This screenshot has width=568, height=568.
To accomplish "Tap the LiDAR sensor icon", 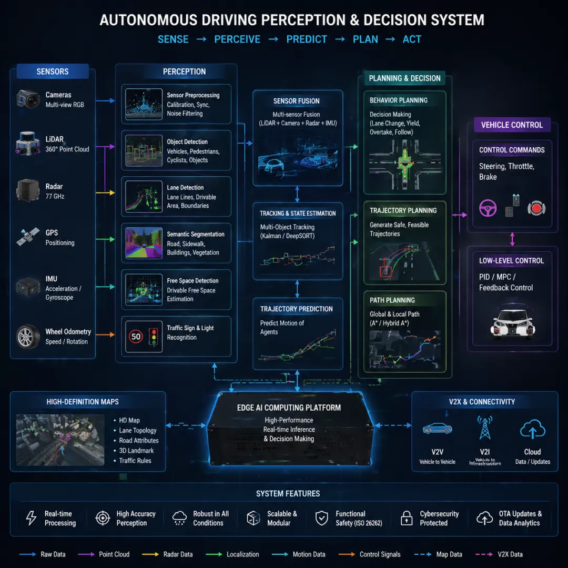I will (x=28, y=144).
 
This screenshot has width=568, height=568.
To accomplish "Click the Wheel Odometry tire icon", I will (x=27, y=336).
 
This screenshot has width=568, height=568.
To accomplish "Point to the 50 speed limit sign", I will (x=136, y=336).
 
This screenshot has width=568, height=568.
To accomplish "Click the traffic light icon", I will (x=154, y=336).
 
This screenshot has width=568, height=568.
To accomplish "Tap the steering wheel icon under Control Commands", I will (x=488, y=208).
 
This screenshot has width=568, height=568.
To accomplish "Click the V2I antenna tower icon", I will (x=484, y=429).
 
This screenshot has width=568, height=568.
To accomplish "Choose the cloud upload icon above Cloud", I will (x=532, y=430).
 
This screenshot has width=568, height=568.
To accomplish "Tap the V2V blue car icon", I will (x=437, y=429).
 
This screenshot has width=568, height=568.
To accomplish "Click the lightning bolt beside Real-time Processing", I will (x=31, y=518).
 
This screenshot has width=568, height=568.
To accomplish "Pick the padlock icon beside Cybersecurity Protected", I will (x=406, y=518).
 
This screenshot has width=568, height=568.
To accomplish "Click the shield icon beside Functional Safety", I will (x=321, y=518).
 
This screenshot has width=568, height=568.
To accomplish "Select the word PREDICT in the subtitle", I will (x=307, y=39).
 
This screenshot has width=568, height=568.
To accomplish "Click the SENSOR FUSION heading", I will (x=296, y=101).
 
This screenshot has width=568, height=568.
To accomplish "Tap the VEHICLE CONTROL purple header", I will (x=512, y=125).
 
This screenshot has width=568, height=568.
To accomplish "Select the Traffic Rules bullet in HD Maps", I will (x=135, y=461).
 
